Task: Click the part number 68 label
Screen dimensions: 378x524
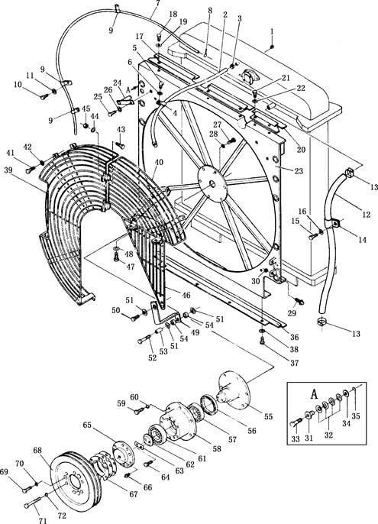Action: click(x=37, y=451)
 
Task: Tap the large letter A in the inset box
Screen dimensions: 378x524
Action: click(x=314, y=394)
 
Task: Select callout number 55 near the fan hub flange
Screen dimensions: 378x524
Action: click(x=268, y=417)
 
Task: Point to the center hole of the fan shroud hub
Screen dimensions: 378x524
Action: click(x=212, y=183)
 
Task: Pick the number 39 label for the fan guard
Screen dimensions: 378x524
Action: click(x=8, y=170)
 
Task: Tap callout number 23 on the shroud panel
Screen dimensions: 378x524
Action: click(x=299, y=171)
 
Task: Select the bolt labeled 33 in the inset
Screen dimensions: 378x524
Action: click(x=295, y=424)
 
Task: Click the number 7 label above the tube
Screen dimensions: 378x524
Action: click(x=158, y=3)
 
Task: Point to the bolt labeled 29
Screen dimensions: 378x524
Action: click(x=299, y=302)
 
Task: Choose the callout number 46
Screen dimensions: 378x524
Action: click(x=186, y=295)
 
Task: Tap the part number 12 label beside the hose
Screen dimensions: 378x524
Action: click(x=367, y=214)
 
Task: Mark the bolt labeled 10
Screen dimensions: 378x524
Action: click(x=44, y=97)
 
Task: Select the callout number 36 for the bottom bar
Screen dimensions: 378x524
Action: click(x=294, y=337)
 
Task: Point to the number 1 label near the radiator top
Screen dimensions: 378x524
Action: click(x=272, y=32)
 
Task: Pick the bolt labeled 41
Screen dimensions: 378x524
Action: click(x=31, y=170)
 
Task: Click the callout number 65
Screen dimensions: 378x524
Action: click(x=87, y=425)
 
